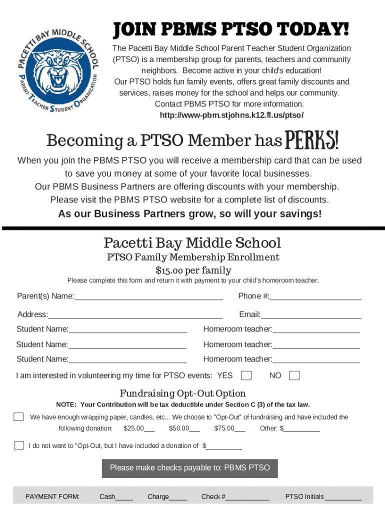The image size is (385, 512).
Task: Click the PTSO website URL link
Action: point(231,115)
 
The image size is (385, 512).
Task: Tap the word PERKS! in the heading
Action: point(311,141)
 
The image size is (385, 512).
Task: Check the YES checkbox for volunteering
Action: point(246,375)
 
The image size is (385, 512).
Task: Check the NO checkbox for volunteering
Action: point(294,375)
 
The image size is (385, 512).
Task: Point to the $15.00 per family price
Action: point(193,270)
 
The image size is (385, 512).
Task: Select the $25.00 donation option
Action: point(138,428)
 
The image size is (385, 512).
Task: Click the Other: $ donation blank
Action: point(302,428)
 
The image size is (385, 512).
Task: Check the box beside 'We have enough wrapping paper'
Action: point(19,417)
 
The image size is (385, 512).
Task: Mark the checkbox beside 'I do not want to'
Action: point(19,445)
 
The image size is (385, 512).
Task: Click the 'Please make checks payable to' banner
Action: point(190,468)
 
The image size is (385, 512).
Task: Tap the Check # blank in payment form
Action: point(247,497)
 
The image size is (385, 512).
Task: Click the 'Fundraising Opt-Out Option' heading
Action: point(182,393)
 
